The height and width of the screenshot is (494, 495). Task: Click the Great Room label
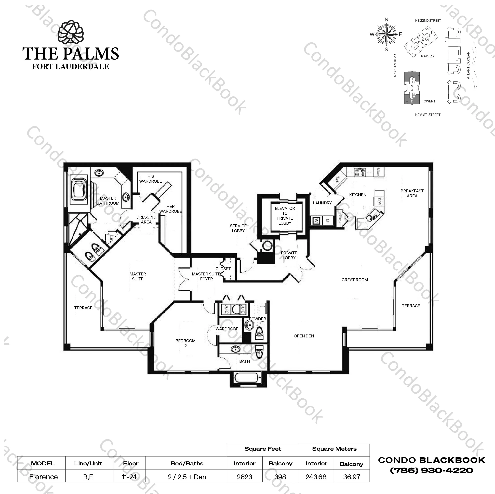(x=354, y=280)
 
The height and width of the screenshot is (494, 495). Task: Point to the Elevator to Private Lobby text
(x=285, y=216)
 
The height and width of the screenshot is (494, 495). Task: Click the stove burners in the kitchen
(x=360, y=172)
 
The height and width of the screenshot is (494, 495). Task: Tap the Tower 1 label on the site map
(x=428, y=101)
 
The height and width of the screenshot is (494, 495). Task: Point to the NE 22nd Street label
(x=428, y=21)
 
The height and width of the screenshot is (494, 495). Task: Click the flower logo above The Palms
(x=70, y=33)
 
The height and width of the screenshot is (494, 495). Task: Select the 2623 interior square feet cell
(x=244, y=477)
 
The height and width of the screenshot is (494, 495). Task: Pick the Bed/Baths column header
(x=187, y=463)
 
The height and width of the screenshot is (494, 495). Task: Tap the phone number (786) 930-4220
(x=431, y=470)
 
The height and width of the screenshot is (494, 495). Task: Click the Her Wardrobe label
(x=170, y=209)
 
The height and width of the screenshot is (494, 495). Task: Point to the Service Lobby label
(x=238, y=228)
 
